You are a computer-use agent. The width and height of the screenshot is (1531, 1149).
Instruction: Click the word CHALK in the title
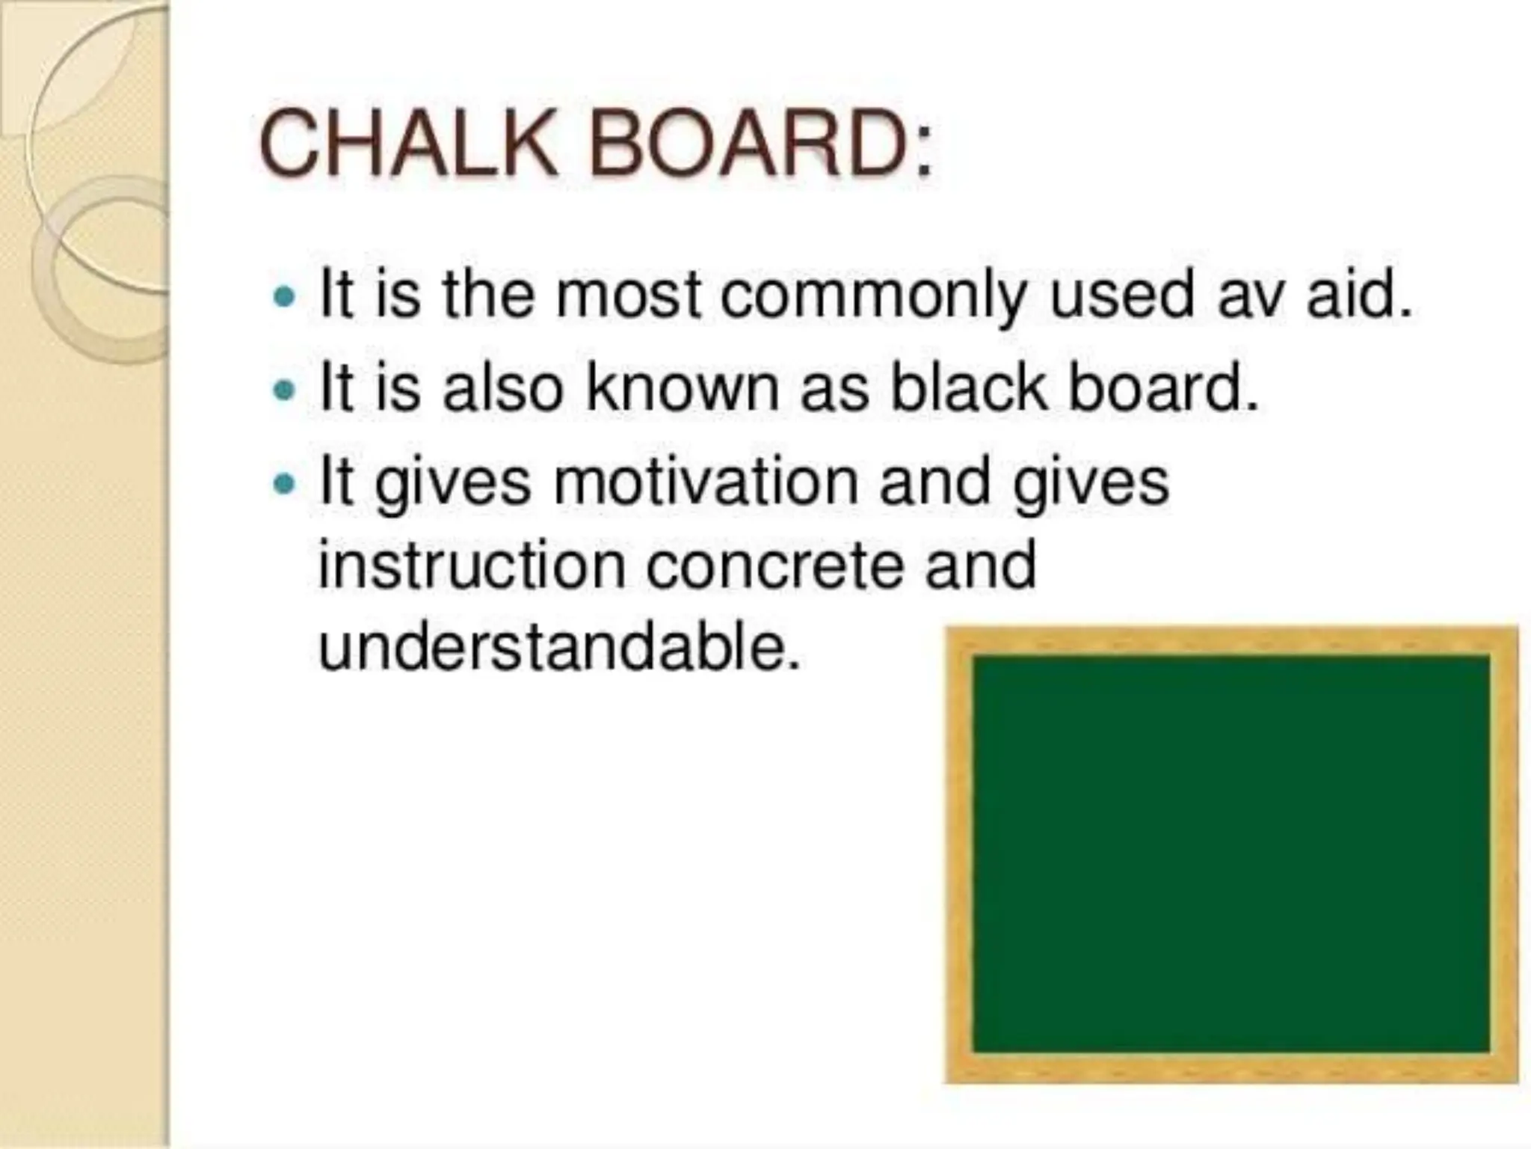[x=407, y=144]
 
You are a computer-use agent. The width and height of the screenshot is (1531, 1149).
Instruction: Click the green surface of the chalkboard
[x=1230, y=853]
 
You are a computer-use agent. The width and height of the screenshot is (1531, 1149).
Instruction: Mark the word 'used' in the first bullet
[x=1121, y=297]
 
